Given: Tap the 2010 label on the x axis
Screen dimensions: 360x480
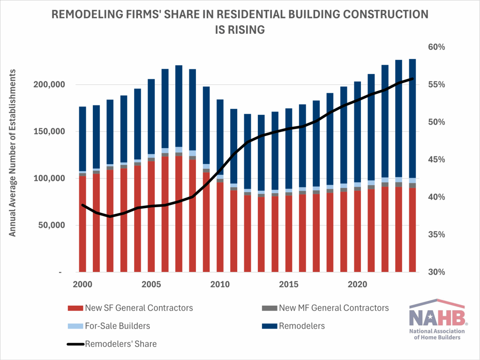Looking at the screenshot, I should pos(219,284).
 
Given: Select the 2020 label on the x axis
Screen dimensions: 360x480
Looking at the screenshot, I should pos(357,284).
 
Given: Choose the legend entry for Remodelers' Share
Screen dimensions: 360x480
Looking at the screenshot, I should pos(120,344).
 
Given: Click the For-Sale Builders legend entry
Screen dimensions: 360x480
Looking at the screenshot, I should pos(118,326).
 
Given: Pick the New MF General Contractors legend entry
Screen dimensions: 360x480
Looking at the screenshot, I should pos(333,308).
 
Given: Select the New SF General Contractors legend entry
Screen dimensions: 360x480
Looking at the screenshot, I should pos(139,308).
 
